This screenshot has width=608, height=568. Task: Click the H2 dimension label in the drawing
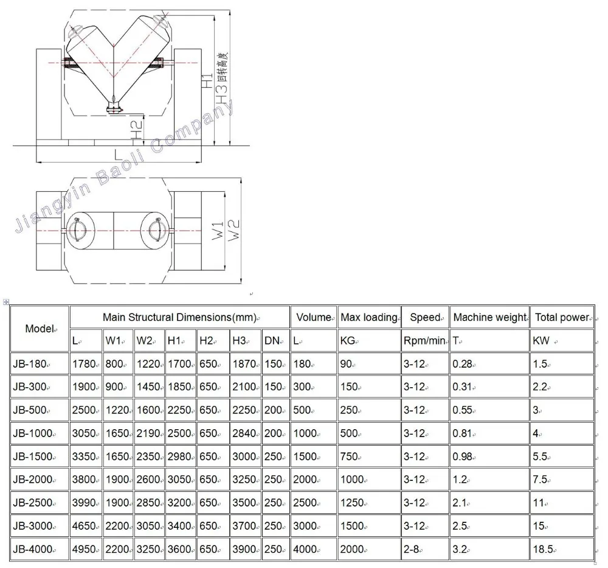pyautogui.click(x=136, y=130)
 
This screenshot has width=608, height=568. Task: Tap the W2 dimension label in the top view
pyautogui.click(x=233, y=230)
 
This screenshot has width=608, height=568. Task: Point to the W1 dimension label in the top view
pyautogui.click(x=218, y=230)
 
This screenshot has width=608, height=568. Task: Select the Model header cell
pyautogui.click(x=40, y=329)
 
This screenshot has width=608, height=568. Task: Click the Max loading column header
pyautogui.click(x=369, y=317)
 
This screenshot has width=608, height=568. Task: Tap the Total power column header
pyautogui.click(x=562, y=317)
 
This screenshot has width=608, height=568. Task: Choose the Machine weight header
pyautogui.click(x=489, y=317)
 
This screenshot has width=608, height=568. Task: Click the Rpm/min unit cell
pyautogui.click(x=425, y=340)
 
